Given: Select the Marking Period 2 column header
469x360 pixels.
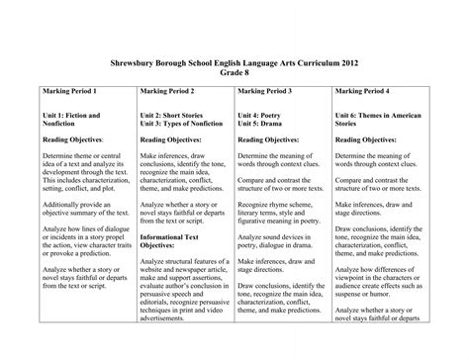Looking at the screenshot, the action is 169,90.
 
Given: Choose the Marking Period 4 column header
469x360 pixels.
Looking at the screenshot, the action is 364,90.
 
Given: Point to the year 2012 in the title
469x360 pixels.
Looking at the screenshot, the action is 350,60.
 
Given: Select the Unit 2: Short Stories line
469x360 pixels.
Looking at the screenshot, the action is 176,117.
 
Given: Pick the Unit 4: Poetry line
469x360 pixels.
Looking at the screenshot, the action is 264,117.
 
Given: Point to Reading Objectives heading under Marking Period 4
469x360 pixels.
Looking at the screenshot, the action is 368,142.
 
